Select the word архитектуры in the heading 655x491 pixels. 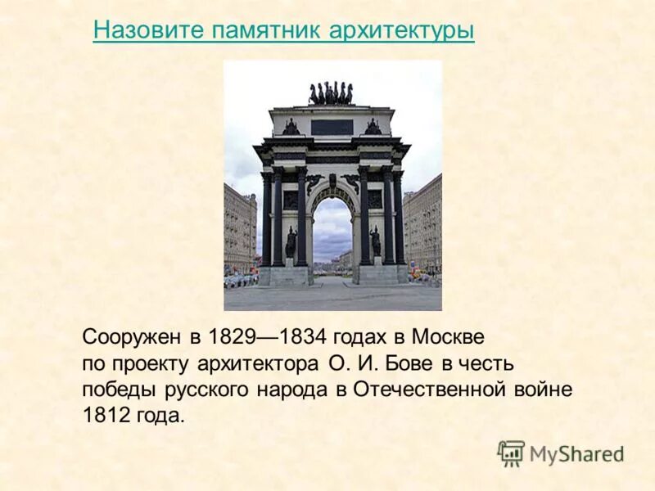coord(401,30)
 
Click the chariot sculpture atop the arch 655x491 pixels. coord(331,93)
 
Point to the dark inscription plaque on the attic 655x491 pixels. coord(332,127)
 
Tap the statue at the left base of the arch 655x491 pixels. coord(291,242)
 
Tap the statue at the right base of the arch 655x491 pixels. coord(375,242)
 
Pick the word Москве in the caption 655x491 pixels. coord(448,337)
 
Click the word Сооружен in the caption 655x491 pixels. coord(122,337)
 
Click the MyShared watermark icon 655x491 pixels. coord(511,453)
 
